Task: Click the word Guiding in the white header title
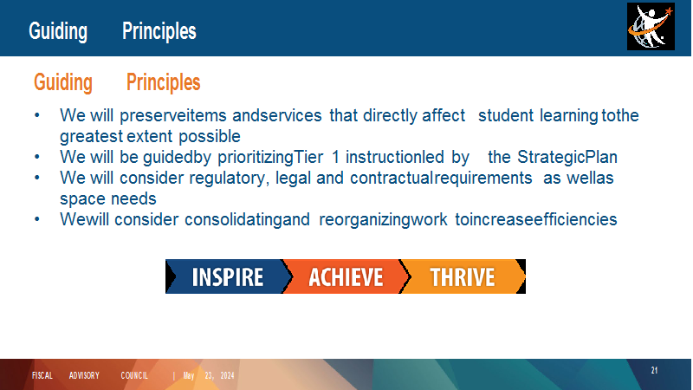[58, 31]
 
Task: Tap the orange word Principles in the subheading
[163, 82]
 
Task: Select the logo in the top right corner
[651, 27]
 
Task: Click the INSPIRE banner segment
[225, 276]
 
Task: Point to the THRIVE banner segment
[463, 276]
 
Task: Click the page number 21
[654, 371]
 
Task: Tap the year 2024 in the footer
[227, 376]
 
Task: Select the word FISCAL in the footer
[42, 376]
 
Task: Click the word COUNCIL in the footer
[134, 376]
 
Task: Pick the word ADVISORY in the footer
[84, 376]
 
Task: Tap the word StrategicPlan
[567, 158]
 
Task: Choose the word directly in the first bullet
[391, 116]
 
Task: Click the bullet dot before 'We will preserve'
[37, 116]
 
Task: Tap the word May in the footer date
[189, 376]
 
